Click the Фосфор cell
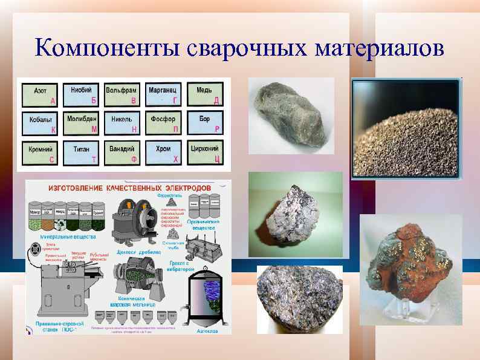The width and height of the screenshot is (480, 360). pos(163,124)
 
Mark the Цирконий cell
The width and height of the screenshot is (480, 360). pos(204,152)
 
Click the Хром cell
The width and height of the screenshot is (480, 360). pos(163,152)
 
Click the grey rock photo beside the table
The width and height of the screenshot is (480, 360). pos(291,116)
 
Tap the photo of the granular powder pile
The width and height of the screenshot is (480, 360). pos(406,128)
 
